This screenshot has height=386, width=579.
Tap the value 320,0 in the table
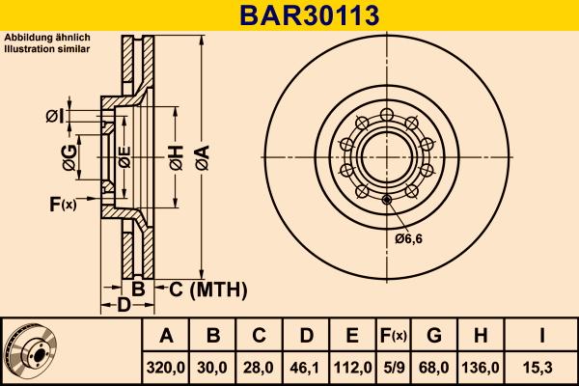point(166,368)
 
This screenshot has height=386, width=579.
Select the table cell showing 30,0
point(214,368)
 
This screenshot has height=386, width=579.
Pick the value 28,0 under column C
point(260,368)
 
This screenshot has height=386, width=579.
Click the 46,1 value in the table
point(306,368)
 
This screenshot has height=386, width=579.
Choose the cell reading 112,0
point(352,368)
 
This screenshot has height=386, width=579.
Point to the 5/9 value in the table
point(394,368)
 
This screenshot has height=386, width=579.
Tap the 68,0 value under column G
point(434,368)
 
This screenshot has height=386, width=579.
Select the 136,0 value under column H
point(481,368)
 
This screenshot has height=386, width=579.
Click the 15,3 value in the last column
point(542,368)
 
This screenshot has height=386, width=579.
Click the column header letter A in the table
point(166,336)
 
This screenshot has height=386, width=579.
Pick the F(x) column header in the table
point(394,336)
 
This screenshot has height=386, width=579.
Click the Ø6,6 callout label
point(409,238)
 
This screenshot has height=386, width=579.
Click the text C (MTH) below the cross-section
point(208,289)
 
